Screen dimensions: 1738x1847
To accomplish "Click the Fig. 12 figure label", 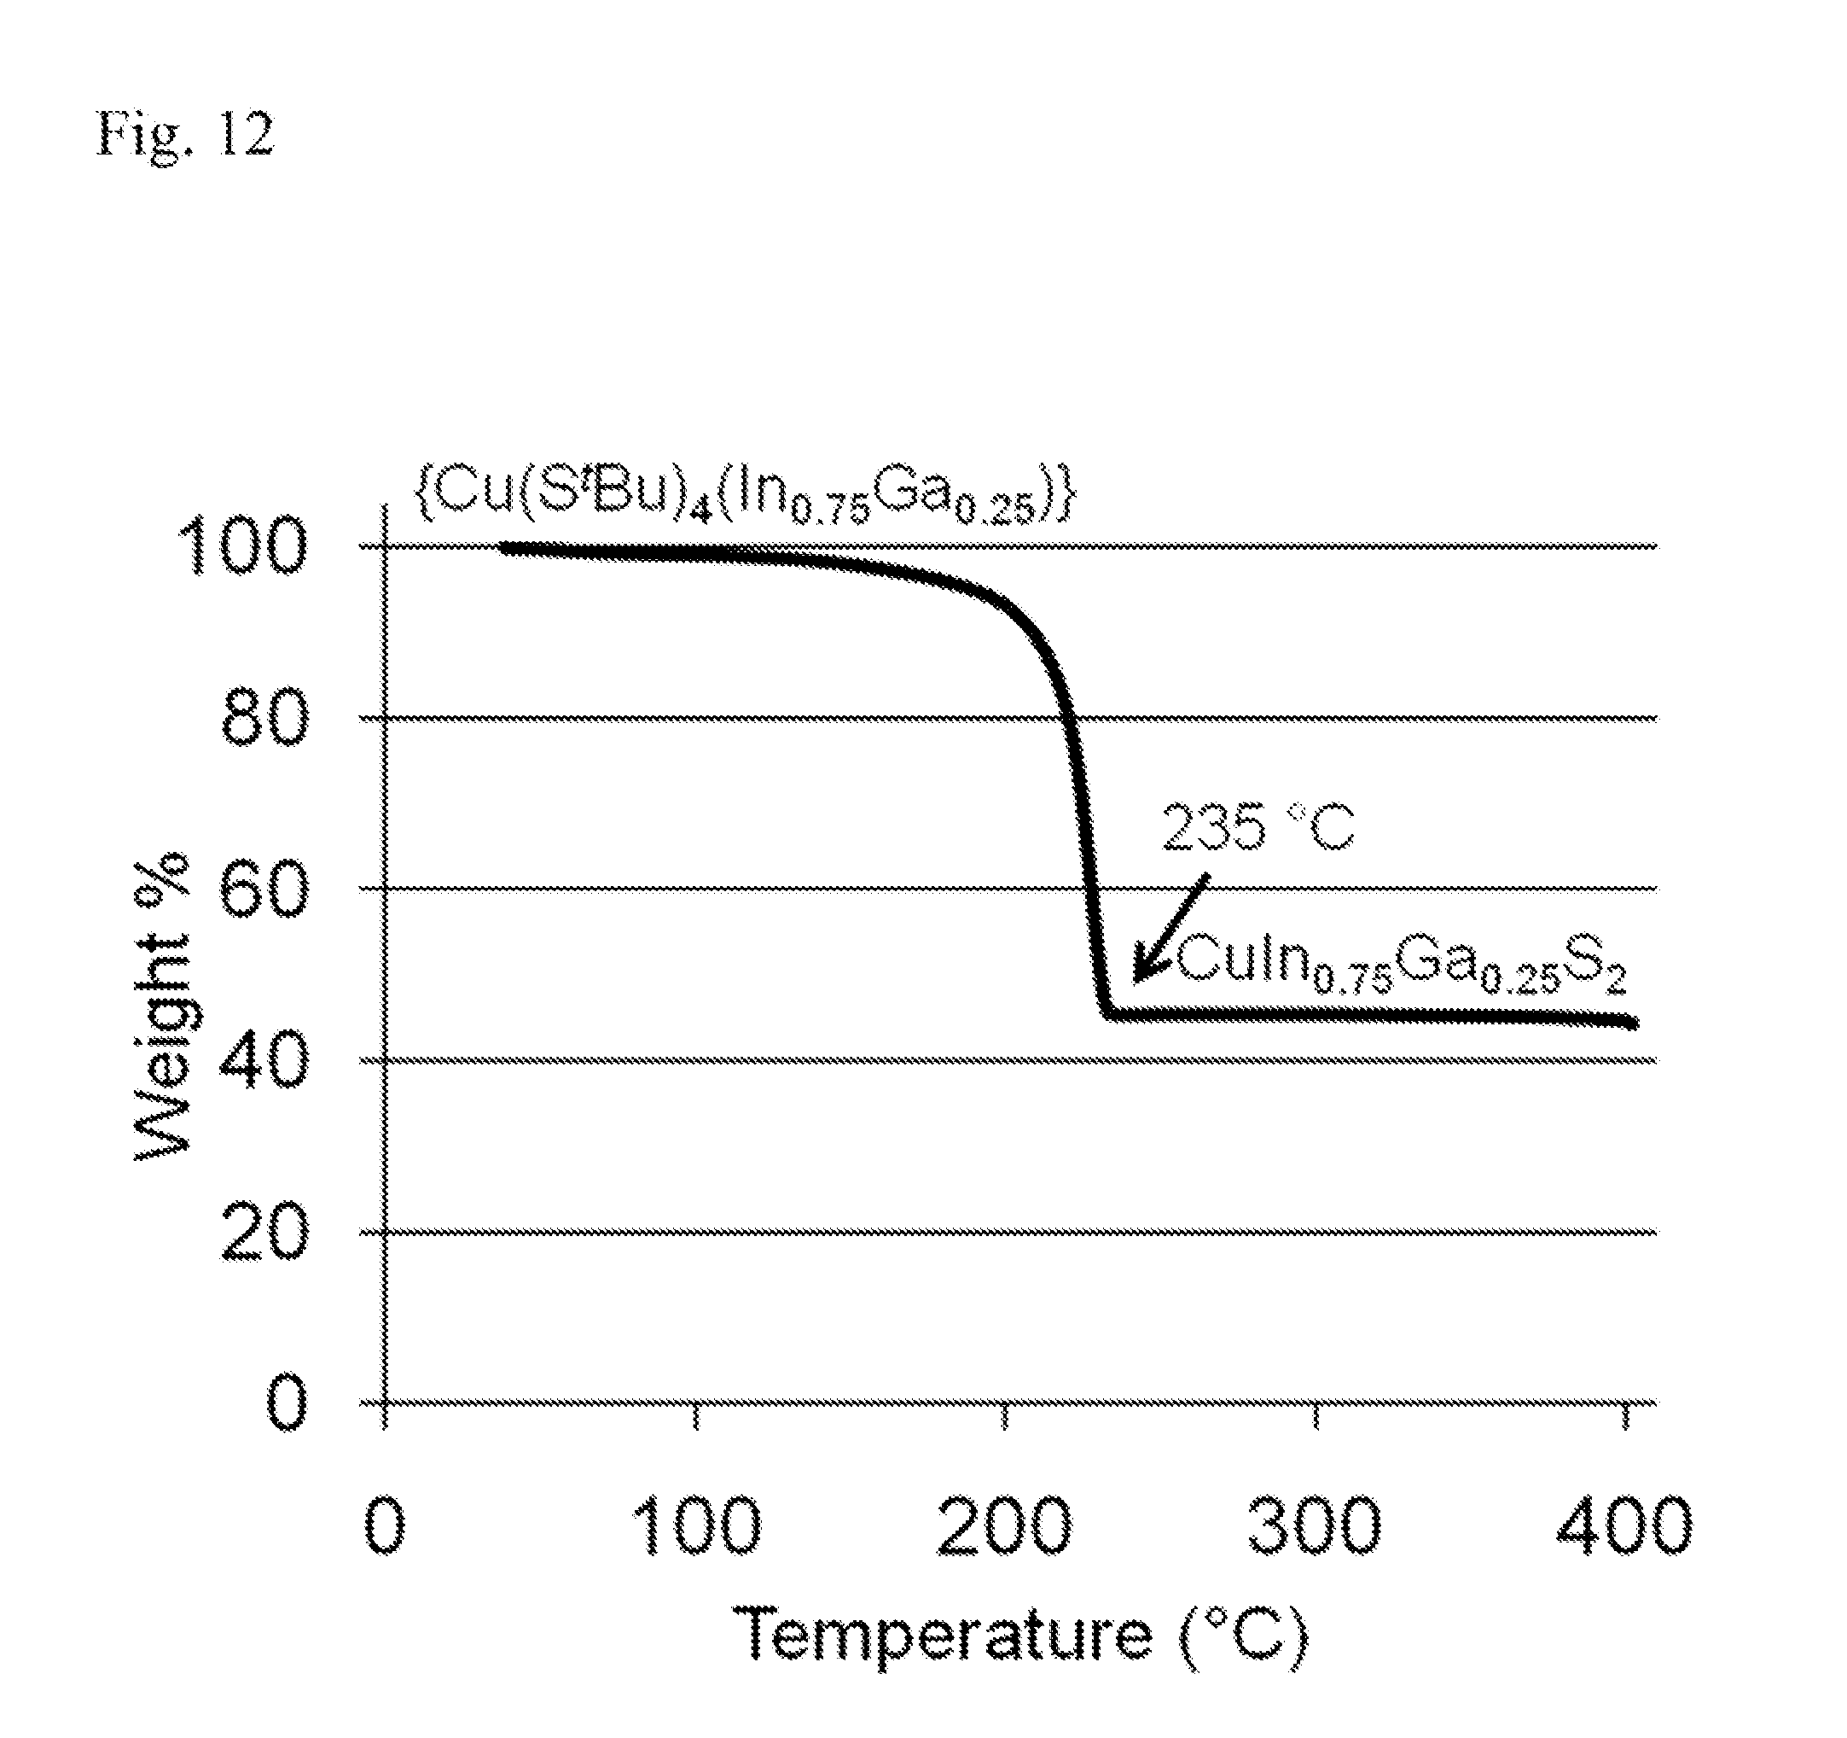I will pos(186,136).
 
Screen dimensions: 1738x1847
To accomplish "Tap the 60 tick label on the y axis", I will pos(265,889).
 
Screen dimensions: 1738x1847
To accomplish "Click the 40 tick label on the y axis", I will pos(265,1060).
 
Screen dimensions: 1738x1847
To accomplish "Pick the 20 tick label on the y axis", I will pos(265,1233).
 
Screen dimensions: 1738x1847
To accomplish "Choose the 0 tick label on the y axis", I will pos(285,1403).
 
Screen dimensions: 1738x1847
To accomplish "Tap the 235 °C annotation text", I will pos(1258,826).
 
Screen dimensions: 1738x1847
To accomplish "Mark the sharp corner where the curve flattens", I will pos(1106,1013).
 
